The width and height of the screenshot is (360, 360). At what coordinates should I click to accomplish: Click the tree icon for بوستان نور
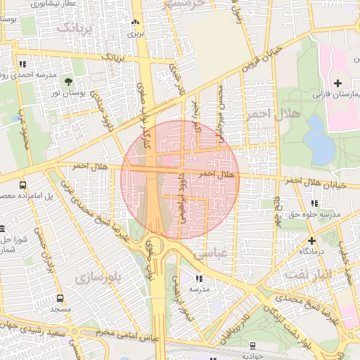pyautogui.click(x=68, y=83)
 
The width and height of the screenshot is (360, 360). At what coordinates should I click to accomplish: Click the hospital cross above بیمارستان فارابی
pyautogui.click(x=337, y=83)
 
